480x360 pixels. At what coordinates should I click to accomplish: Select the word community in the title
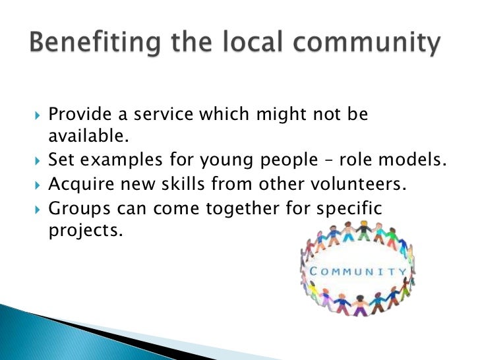point(373,44)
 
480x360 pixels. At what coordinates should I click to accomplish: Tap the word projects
point(84,231)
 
